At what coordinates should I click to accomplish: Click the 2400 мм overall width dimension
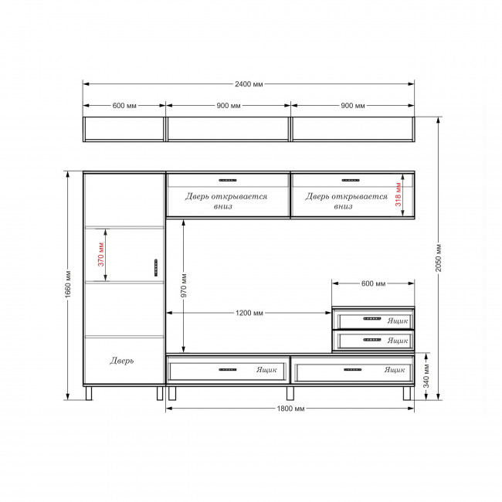click(249, 84)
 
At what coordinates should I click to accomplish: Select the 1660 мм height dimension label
click(68, 284)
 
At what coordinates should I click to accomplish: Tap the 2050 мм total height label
click(439, 258)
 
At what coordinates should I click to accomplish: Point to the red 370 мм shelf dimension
click(101, 255)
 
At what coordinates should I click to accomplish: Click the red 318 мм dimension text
click(398, 195)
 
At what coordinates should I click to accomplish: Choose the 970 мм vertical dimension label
click(184, 286)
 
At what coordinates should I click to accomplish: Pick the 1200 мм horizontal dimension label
click(249, 313)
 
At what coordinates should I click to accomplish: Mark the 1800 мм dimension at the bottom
click(290, 409)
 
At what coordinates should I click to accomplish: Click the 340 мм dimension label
click(426, 376)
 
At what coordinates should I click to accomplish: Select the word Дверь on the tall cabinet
click(122, 361)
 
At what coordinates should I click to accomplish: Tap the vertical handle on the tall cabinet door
click(156, 268)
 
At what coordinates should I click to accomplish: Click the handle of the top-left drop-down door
click(228, 180)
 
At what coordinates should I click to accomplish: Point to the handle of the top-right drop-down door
click(351, 180)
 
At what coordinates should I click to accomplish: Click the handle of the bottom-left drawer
click(228, 369)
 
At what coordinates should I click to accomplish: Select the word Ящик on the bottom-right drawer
click(395, 370)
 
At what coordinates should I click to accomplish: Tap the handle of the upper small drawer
click(372, 318)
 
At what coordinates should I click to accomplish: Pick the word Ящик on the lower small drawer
click(398, 341)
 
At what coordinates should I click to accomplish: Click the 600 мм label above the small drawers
click(373, 283)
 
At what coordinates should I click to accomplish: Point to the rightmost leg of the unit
click(406, 393)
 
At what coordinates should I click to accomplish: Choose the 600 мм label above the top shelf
click(124, 106)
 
